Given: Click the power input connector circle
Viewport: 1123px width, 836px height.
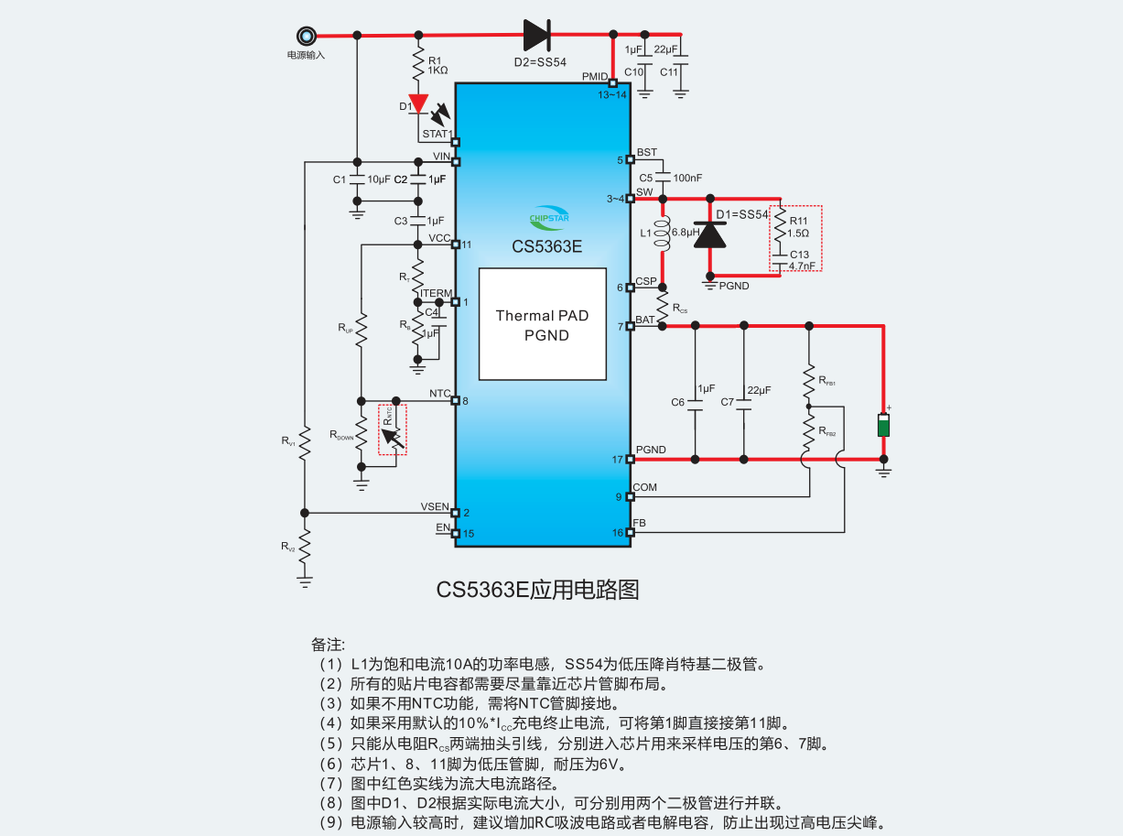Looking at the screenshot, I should pos(306,36).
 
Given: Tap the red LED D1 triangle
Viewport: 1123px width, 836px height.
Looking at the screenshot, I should pos(419,103).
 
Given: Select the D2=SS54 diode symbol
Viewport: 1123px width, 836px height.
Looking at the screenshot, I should pos(536,36).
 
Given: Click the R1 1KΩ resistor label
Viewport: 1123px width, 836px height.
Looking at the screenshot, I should pos(437,65).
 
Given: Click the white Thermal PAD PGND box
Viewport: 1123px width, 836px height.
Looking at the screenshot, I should pos(543,324).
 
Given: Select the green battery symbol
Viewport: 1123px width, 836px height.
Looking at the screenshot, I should pos(883,426).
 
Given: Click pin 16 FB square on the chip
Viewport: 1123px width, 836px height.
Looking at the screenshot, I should pos(631,532).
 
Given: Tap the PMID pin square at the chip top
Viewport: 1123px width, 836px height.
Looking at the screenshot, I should pos(612,83).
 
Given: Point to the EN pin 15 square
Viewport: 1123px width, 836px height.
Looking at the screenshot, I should pos(455,533).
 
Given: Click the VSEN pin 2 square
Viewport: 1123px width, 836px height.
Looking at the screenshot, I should pos(455,513).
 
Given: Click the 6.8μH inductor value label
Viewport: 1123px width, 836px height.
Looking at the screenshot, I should pos(685,233).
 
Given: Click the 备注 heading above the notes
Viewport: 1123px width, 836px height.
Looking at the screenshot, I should pos(328,644).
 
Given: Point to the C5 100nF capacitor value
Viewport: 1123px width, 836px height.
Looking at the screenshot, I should pos(687,178).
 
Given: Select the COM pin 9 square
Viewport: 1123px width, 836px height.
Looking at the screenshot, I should pos(631,496).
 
